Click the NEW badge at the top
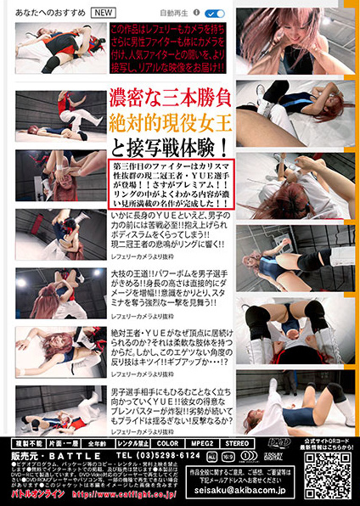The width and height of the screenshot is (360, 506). click(x=103, y=14)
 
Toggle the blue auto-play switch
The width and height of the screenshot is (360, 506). click(x=215, y=14)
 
